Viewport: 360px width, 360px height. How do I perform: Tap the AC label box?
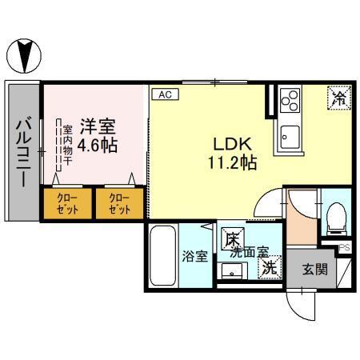click(x=166, y=94)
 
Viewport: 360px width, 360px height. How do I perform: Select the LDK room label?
click(x=233, y=144)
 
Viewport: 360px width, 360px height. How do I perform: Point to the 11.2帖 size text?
click(x=233, y=163)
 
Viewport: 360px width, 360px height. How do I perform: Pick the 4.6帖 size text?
click(x=101, y=146)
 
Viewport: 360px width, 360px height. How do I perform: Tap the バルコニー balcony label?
click(x=23, y=152)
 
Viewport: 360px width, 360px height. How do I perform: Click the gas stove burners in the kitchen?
click(x=289, y=102)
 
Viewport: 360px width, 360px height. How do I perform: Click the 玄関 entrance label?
click(x=314, y=270)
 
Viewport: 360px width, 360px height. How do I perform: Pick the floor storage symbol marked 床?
click(x=231, y=238)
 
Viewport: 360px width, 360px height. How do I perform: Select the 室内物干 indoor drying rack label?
click(x=68, y=144)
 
